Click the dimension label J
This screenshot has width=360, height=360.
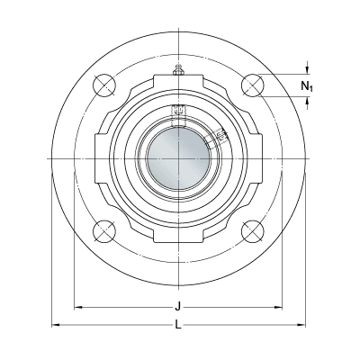[x=178, y=307]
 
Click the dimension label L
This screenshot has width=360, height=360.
[x=178, y=324]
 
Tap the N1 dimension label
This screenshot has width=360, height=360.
[x=307, y=86]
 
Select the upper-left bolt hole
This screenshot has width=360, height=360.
[x=104, y=85]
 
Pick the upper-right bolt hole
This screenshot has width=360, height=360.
[x=253, y=85]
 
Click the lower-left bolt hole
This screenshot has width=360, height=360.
[x=104, y=231]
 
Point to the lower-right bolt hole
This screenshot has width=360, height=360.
[x=253, y=231]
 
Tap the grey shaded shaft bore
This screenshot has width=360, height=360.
[x=178, y=158]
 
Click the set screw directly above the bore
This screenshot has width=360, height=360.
[x=178, y=110]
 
